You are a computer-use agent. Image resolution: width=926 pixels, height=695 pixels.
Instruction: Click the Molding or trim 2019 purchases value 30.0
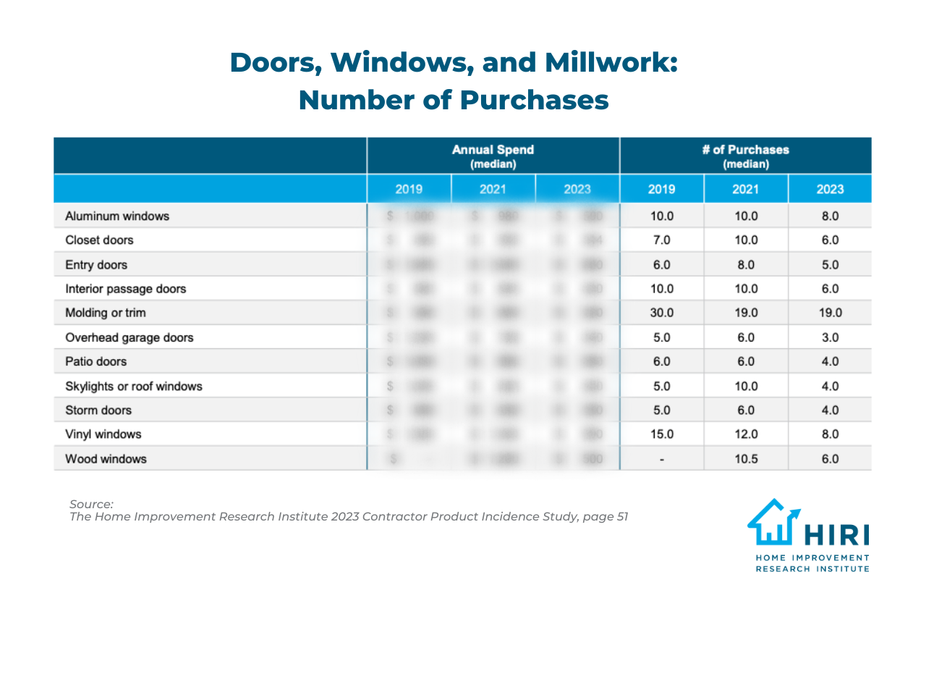click(661, 313)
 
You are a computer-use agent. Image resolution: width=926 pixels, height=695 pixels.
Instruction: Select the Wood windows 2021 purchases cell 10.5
click(746, 459)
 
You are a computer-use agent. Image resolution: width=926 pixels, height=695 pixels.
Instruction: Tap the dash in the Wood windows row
click(661, 459)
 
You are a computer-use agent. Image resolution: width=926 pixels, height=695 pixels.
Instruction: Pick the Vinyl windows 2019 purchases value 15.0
click(661, 434)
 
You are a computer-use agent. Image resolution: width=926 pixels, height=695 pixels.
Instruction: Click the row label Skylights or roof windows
click(134, 387)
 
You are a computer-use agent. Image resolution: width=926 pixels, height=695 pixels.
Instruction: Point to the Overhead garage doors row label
click(129, 337)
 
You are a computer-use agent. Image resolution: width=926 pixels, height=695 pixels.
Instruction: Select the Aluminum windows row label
click(117, 216)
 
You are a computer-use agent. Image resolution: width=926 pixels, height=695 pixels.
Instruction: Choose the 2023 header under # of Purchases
click(830, 189)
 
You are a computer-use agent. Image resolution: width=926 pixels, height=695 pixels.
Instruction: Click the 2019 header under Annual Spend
click(409, 189)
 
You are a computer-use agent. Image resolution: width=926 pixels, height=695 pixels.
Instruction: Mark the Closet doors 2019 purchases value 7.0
click(661, 240)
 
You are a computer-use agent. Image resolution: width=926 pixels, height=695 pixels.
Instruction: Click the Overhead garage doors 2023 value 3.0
click(830, 337)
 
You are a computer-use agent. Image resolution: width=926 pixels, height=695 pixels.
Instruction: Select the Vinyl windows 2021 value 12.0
click(746, 434)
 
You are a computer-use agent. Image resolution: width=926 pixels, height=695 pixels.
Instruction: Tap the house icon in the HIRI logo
click(773, 522)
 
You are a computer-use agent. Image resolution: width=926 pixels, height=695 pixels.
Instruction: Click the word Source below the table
click(91, 504)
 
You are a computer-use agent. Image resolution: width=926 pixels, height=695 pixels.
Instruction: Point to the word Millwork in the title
click(611, 63)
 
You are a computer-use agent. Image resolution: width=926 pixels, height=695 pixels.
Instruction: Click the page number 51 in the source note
click(622, 517)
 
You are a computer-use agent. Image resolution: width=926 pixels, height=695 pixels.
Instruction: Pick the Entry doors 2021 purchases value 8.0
click(746, 265)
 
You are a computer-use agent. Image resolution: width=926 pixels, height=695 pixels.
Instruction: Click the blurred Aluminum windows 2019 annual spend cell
click(409, 216)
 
